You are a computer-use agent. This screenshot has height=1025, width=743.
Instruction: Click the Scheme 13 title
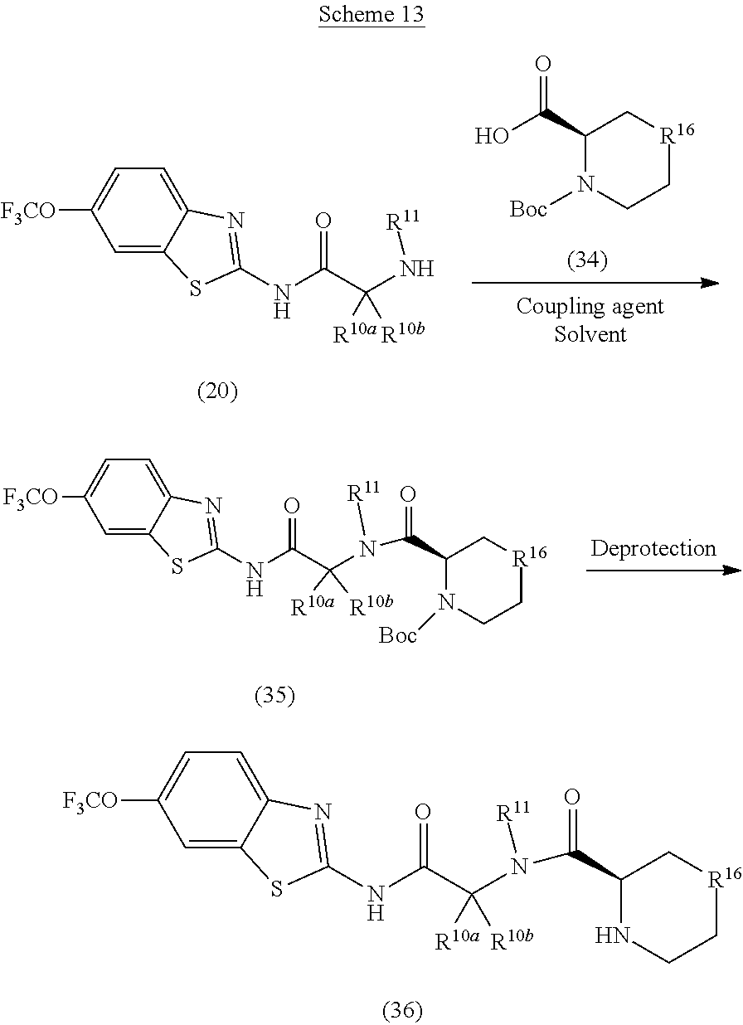click(371, 17)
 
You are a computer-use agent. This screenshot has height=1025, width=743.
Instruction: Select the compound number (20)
click(217, 391)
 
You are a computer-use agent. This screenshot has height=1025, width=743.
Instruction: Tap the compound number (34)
click(587, 261)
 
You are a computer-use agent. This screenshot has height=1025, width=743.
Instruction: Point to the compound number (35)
click(274, 696)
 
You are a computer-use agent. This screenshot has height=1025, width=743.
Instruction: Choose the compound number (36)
click(401, 1010)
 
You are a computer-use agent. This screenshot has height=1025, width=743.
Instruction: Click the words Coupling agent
click(590, 306)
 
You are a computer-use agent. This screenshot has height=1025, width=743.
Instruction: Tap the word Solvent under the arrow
click(590, 334)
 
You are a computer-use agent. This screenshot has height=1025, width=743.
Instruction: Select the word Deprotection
click(653, 548)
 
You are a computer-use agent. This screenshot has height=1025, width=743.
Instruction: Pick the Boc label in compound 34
click(528, 209)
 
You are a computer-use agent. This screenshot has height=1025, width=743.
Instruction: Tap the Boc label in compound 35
click(398, 635)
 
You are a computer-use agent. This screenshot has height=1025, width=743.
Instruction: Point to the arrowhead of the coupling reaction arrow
click(709, 283)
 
